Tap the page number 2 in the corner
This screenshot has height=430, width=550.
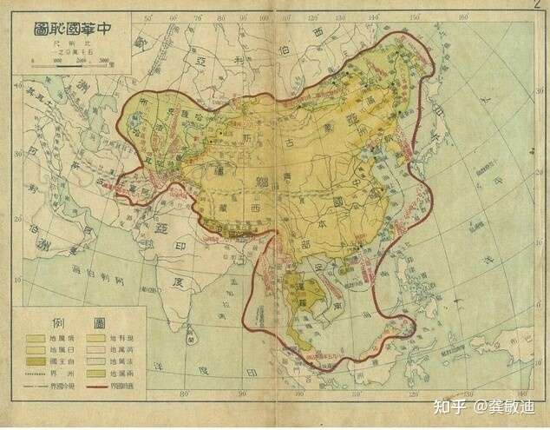(x=540, y=7)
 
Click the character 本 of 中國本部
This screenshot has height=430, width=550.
(x=333, y=236)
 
